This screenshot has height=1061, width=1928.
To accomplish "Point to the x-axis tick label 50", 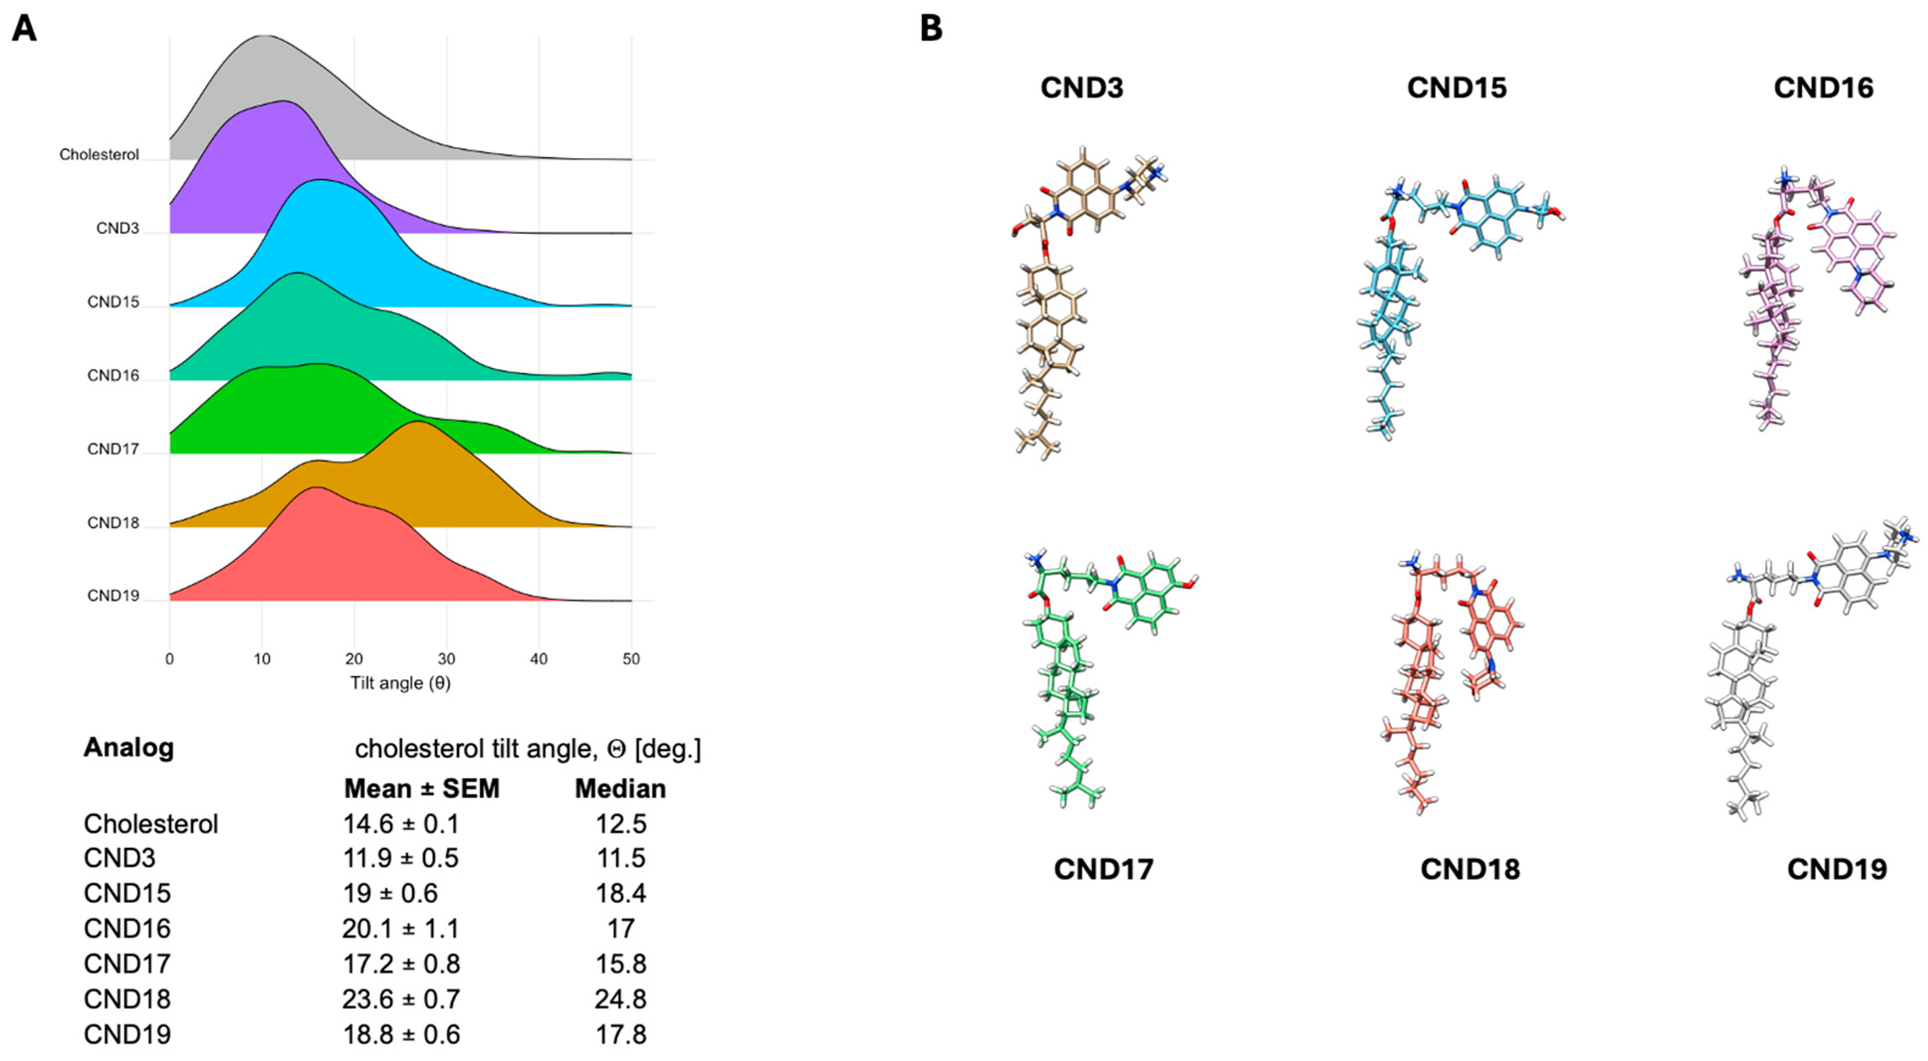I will point(631,659).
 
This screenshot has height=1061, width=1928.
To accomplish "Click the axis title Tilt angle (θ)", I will point(401,683).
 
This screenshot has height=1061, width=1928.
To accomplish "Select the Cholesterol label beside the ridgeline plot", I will point(99,155).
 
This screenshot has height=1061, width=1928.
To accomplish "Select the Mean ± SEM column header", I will point(422,789).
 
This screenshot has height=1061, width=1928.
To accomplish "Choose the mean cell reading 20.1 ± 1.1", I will point(401,929).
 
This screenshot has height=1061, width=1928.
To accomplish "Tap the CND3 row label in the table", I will point(120,858).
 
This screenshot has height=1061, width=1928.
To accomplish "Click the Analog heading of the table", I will point(129,747).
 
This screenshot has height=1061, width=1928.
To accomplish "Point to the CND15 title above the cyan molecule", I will point(1457,88).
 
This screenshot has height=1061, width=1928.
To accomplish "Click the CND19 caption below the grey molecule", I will point(1837,869).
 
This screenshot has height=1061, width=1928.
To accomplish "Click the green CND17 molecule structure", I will point(1078,673).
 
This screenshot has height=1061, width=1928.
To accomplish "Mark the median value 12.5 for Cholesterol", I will point(621,824).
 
